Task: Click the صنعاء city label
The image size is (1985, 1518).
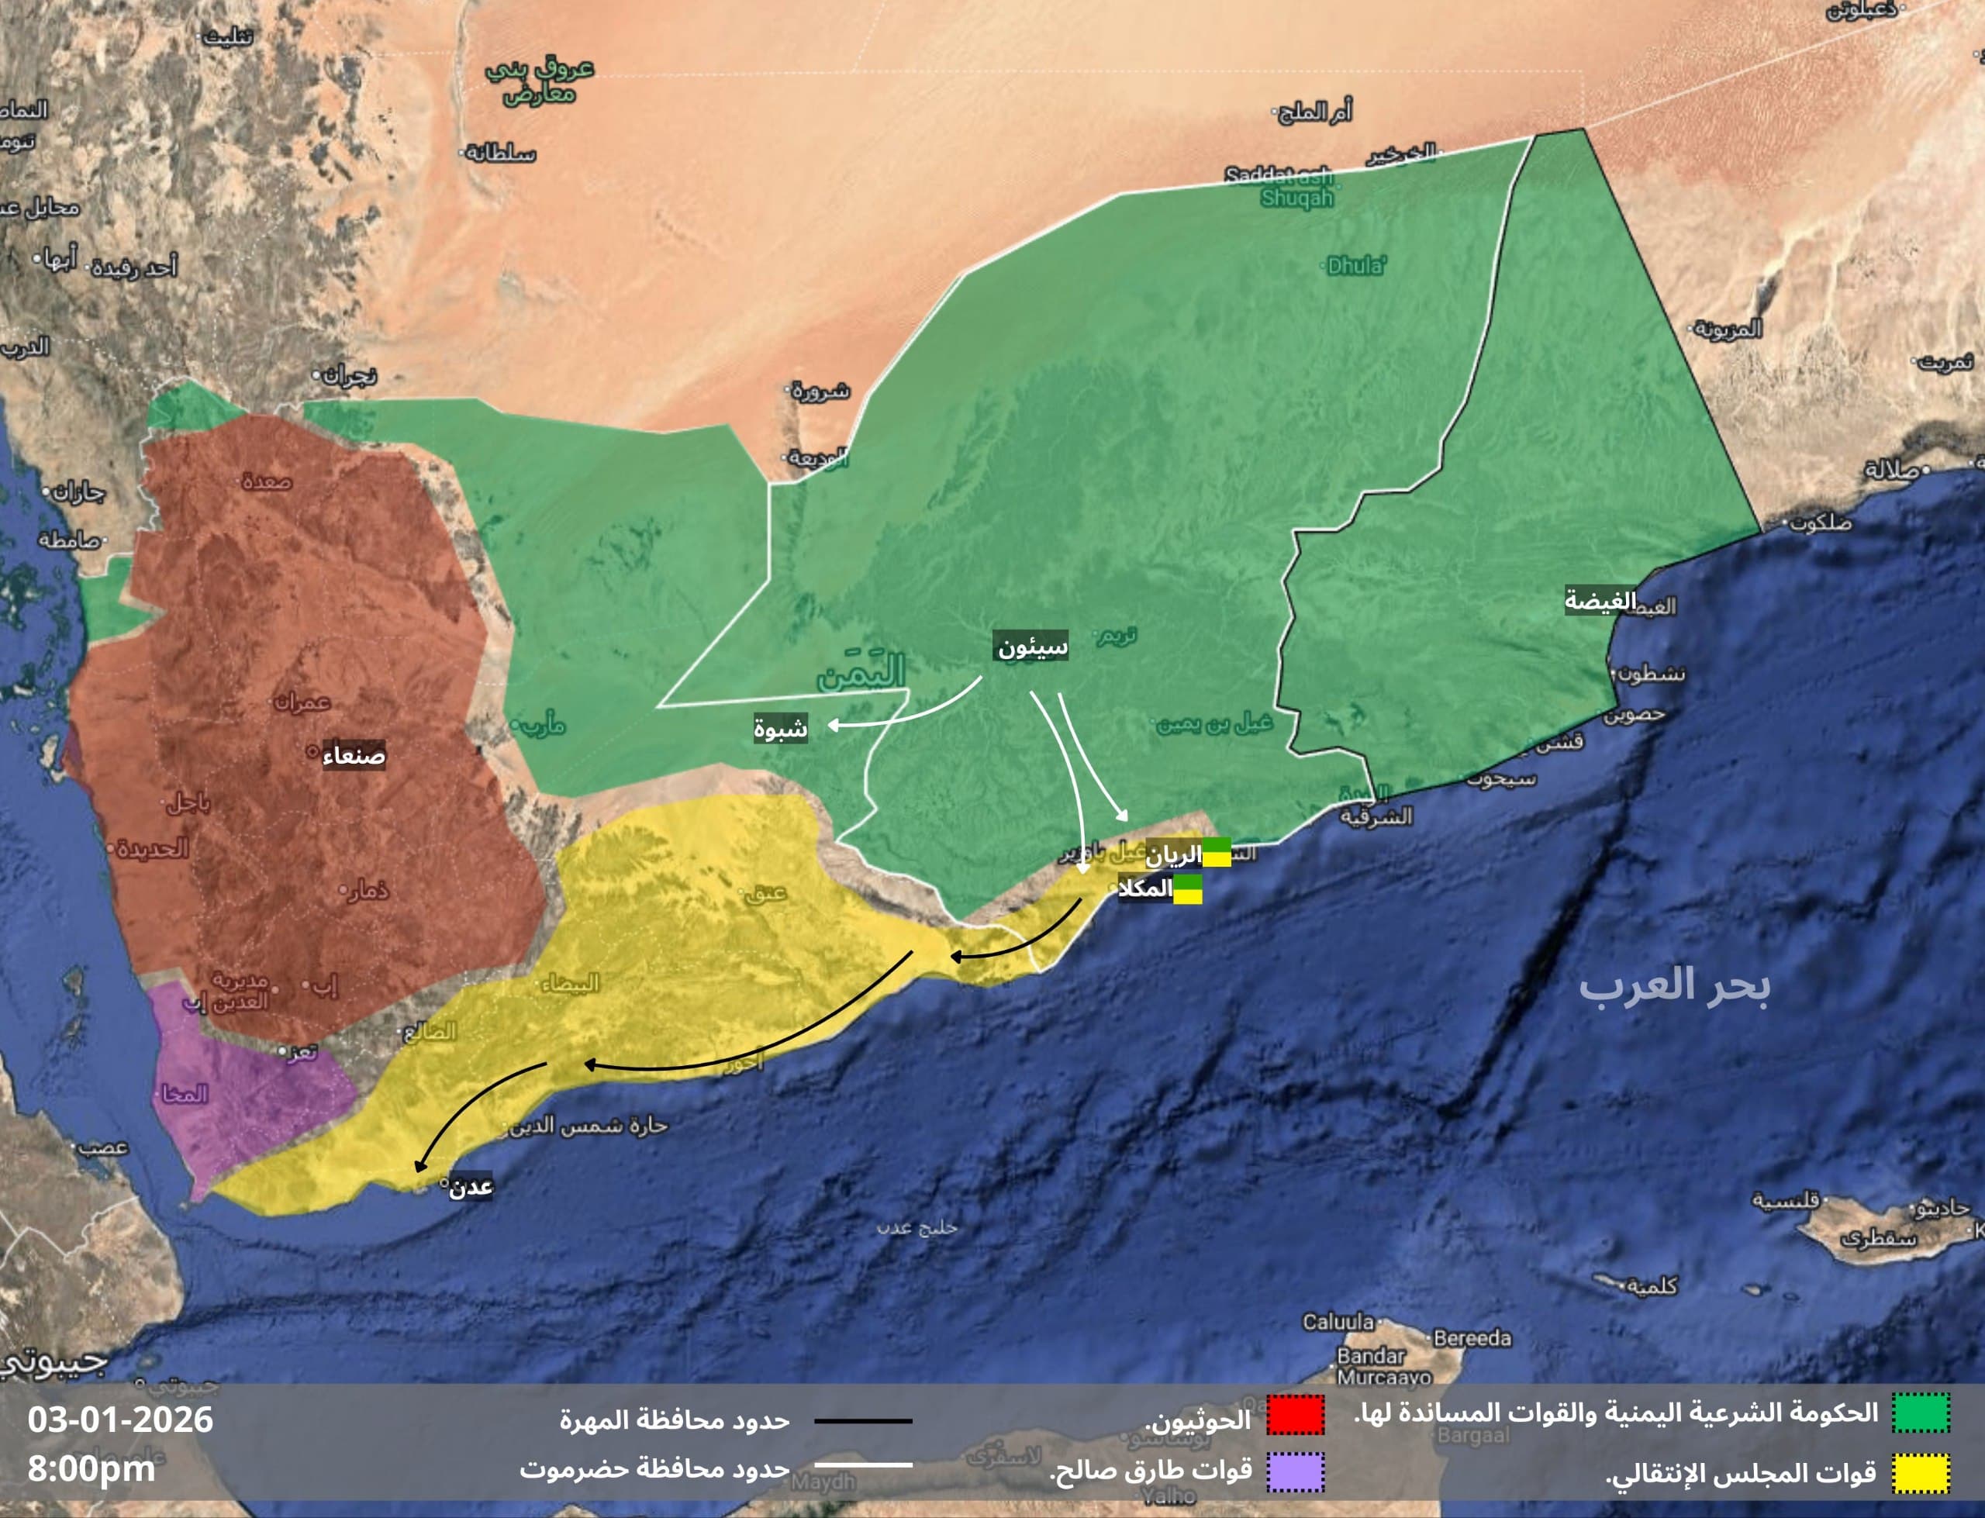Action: coord(354,754)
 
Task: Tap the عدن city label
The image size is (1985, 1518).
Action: coord(471,1186)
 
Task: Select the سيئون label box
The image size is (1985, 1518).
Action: coord(1032,646)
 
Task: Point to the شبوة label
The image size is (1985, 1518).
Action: coord(781,728)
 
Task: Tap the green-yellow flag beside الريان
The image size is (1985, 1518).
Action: coord(1216,852)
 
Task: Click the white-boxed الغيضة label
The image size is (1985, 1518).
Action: coord(1600,600)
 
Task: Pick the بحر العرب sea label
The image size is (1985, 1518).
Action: coord(1674,984)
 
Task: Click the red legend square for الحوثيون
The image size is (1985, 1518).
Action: coord(1295,1415)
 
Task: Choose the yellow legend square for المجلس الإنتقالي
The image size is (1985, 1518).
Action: coord(1921,1473)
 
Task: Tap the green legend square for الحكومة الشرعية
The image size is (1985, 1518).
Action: coord(1921,1413)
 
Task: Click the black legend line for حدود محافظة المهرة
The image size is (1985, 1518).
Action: coord(863,1420)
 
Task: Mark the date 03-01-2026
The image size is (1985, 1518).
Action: coord(120,1420)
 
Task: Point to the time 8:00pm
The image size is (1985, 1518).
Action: coord(91,1468)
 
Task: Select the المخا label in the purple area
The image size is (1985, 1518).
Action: coord(185,1094)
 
